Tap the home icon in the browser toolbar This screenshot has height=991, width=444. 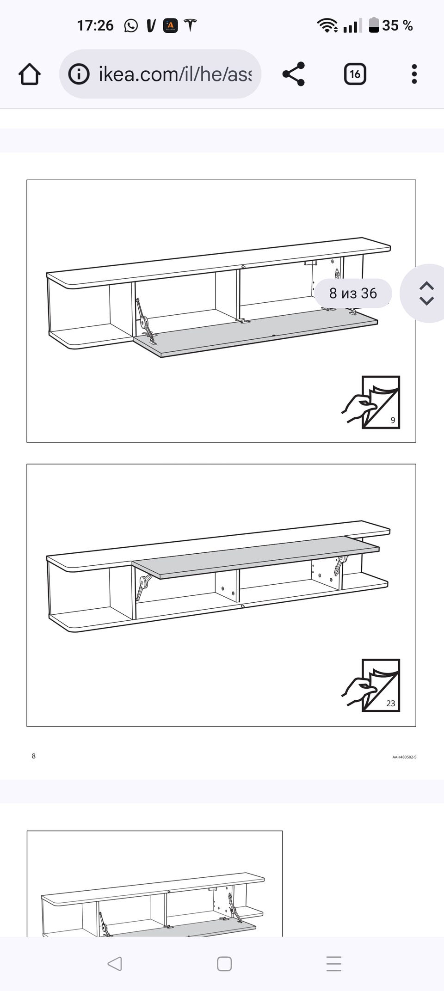pyautogui.click(x=30, y=74)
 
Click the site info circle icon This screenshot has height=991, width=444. pyautogui.click(x=79, y=74)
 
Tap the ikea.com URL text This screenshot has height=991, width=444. pyautogui.click(x=175, y=74)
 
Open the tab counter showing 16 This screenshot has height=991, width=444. pyautogui.click(x=355, y=74)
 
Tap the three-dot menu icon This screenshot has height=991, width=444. pyautogui.click(x=414, y=74)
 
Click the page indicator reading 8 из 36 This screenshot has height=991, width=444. pyautogui.click(x=353, y=293)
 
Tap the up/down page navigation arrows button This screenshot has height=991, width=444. pyautogui.click(x=426, y=293)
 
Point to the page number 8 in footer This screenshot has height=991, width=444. pyautogui.click(x=33, y=756)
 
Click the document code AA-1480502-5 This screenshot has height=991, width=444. pyautogui.click(x=404, y=757)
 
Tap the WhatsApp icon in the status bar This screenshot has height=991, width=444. pyautogui.click(x=131, y=25)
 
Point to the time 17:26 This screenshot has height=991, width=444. pyautogui.click(x=95, y=25)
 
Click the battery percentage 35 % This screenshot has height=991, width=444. pyautogui.click(x=397, y=25)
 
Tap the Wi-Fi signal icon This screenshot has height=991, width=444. pyautogui.click(x=327, y=25)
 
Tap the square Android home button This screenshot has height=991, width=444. pyautogui.click(x=224, y=964)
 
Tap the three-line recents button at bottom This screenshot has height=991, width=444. pyautogui.click(x=334, y=964)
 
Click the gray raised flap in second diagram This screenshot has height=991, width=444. pyautogui.click(x=256, y=557)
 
